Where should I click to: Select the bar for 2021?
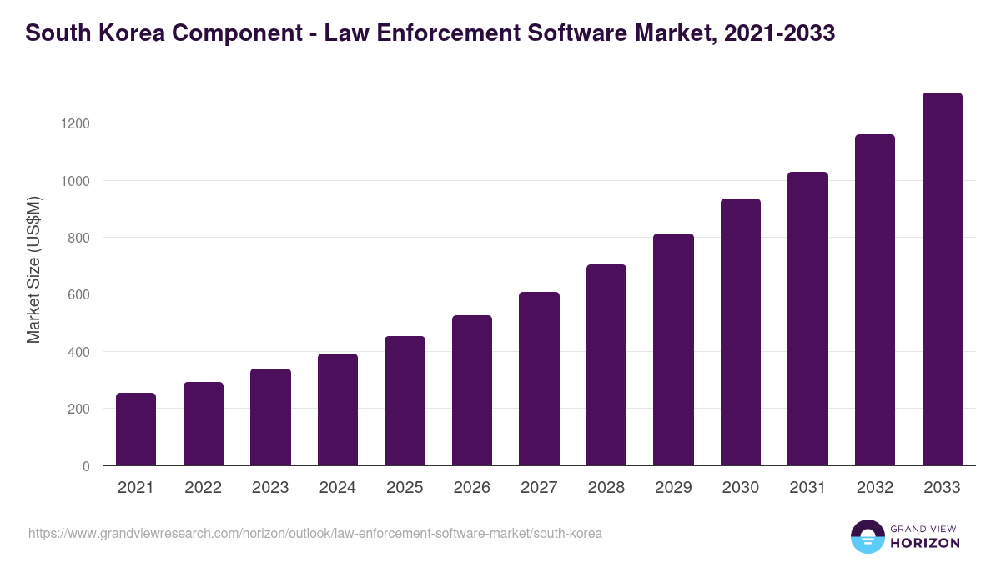point(136,429)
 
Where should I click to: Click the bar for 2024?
point(338,410)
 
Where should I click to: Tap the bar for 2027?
point(539,379)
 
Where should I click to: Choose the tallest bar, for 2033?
point(942,279)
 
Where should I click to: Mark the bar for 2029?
point(673,349)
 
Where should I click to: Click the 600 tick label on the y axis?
point(78,294)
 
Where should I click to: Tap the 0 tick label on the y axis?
point(85,466)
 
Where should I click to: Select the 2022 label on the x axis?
point(203,488)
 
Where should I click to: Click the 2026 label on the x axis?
point(471,488)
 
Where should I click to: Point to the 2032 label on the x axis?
point(875,488)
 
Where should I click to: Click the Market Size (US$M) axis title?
point(33,269)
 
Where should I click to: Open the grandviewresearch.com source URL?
point(315,533)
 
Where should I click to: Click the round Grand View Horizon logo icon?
point(867,536)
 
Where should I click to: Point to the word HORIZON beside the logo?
point(925,543)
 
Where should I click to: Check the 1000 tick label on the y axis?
point(73,181)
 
